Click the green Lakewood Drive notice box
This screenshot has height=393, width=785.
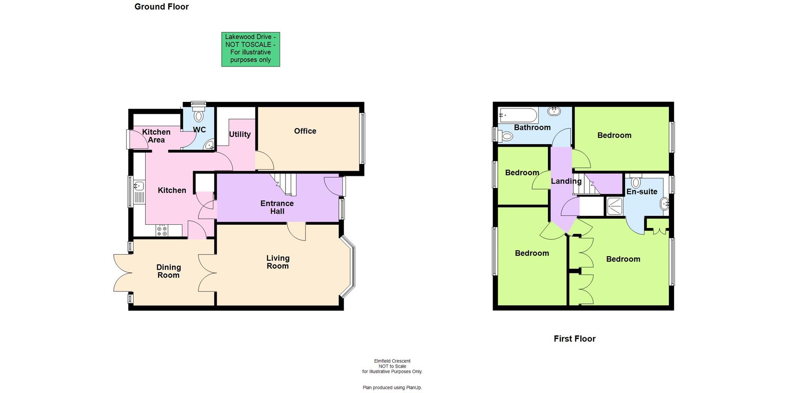pos(250,49)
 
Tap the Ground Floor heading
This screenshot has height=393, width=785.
pos(161,7)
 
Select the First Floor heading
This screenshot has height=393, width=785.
pos(574,339)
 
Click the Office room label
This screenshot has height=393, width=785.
pos(305,131)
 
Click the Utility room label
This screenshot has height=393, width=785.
pos(240,134)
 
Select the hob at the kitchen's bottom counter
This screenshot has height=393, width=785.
pos(162,231)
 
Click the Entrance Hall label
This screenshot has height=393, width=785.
pos(277,207)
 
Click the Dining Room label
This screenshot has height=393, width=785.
pos(168,271)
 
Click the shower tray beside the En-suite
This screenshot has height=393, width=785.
pos(615,206)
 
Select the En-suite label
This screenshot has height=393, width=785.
pos(642,192)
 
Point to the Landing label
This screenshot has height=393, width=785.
pos(566,181)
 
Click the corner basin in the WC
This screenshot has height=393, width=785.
pos(210,145)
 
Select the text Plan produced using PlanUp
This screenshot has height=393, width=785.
pos(392,387)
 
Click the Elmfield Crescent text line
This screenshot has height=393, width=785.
pos(392,361)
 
